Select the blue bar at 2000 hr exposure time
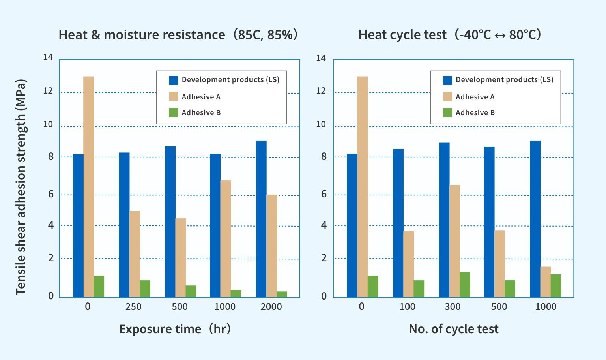click(261, 219)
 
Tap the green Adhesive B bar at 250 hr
click(145, 289)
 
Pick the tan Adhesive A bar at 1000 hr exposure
click(225, 238)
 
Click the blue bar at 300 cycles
click(444, 220)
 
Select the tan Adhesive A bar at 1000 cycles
click(545, 282)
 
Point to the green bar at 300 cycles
click(465, 284)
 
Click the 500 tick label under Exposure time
click(180, 307)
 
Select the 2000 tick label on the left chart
click(271, 307)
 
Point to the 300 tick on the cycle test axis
click(453, 307)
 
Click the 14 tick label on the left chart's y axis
click(48, 58)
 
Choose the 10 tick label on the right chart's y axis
click(321, 125)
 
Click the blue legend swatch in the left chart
click(174, 80)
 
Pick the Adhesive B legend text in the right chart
click(475, 113)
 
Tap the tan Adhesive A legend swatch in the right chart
click(447, 97)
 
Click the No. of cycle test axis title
click(454, 329)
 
